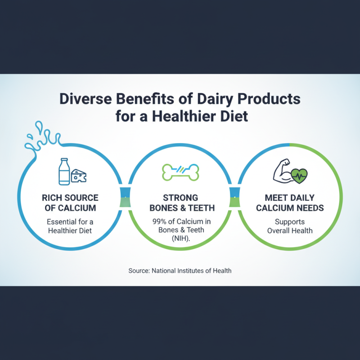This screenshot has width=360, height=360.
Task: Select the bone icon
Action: click(180, 171)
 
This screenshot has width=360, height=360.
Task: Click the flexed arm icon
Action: click(282, 172)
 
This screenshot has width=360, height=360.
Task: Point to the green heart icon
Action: click(298, 175)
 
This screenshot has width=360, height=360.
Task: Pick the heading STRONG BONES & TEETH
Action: click(180, 202)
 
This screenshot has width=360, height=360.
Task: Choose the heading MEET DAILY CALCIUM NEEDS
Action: click(289, 202)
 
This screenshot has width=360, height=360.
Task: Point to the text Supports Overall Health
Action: click(289, 226)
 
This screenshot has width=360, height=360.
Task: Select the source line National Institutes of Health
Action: click(180, 270)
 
